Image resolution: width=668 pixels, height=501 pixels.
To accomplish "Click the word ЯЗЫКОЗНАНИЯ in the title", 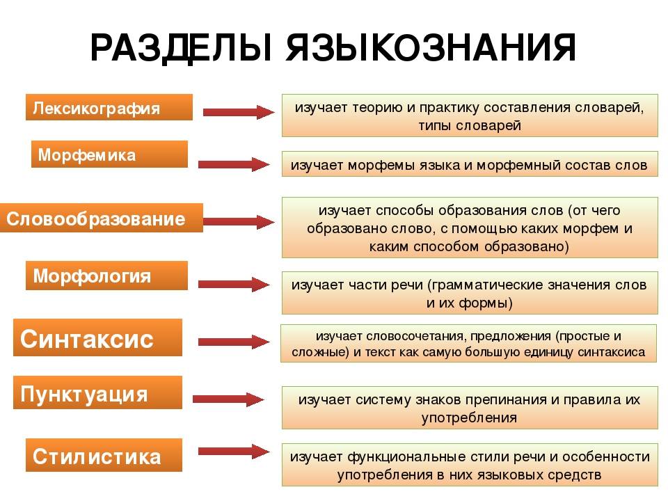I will tap(431, 49).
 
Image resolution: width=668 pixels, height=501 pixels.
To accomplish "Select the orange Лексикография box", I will tap(109, 108).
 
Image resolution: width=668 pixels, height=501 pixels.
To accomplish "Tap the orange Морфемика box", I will tap(109, 154).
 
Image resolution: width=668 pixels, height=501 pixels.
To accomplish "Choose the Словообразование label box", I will tap(102, 218).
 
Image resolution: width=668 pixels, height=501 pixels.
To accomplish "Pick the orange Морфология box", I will tap(106, 276).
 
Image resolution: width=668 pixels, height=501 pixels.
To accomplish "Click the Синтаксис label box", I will tap(97, 338).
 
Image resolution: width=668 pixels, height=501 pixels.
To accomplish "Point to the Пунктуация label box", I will tap(97, 393).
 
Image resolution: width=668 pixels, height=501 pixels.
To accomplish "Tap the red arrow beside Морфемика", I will tap(234, 164).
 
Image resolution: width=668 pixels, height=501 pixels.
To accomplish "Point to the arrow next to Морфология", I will tap(234, 284).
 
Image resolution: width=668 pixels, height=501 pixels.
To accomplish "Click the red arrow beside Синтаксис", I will tap(234, 342).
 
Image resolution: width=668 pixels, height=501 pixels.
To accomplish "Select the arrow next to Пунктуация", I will tap(230, 399).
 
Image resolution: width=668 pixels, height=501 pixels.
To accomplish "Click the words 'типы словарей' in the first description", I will tap(470, 126).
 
